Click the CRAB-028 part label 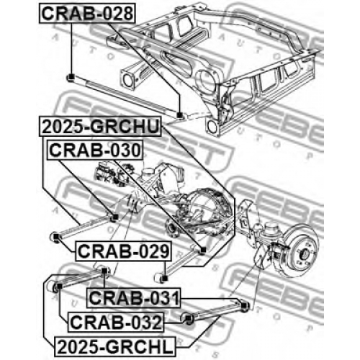point(87,14)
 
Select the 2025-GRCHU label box point(100,127)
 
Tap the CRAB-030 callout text point(95,150)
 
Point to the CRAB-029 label point(123,251)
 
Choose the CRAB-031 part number point(134,298)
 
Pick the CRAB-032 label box point(116,322)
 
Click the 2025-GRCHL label point(115,346)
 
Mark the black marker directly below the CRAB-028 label point(71,77)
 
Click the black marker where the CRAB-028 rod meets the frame point(179,115)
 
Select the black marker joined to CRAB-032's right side point(189,318)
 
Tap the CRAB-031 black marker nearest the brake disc point(244,306)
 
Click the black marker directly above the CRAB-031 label point(104,271)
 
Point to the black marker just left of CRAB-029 point(55,237)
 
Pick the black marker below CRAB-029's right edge point(164,278)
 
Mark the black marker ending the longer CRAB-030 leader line point(203,250)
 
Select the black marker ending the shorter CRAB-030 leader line point(115,217)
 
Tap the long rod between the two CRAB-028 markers point(125,96)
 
